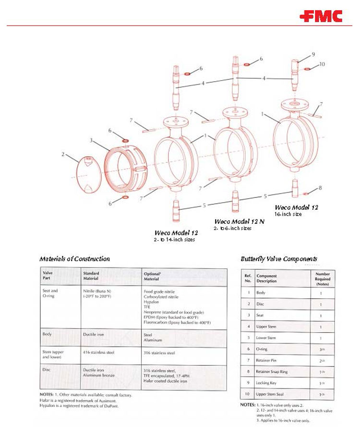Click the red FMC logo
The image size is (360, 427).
(321, 17)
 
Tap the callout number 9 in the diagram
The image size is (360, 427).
(313, 54)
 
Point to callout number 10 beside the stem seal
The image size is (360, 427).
(322, 64)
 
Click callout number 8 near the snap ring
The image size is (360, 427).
(320, 188)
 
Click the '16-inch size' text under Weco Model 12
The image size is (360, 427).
(288, 214)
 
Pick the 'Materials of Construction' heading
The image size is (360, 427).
(74, 259)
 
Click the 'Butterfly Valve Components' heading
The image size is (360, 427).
(278, 259)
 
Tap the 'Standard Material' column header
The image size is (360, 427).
(91, 276)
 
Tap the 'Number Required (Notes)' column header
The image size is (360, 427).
(322, 279)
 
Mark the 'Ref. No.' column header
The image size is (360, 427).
(248, 279)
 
